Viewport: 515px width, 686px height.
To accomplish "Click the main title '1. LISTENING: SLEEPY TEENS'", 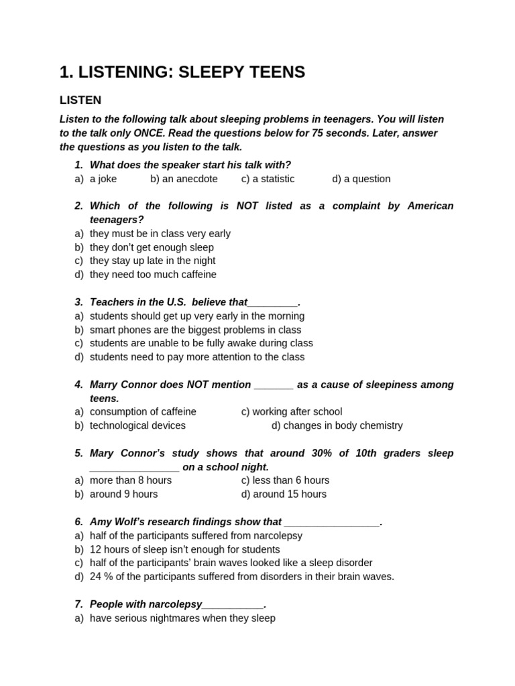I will tap(182, 72).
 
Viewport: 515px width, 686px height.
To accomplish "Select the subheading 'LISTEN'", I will tap(80, 100).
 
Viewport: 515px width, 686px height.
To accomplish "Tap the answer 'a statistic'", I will tap(274, 179).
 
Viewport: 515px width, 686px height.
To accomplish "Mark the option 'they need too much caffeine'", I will tap(153, 275).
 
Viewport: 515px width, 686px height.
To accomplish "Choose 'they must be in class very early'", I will tap(160, 234).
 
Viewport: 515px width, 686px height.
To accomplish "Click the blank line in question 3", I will tap(272, 303).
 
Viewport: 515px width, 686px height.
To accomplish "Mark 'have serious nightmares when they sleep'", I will tap(182, 618).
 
